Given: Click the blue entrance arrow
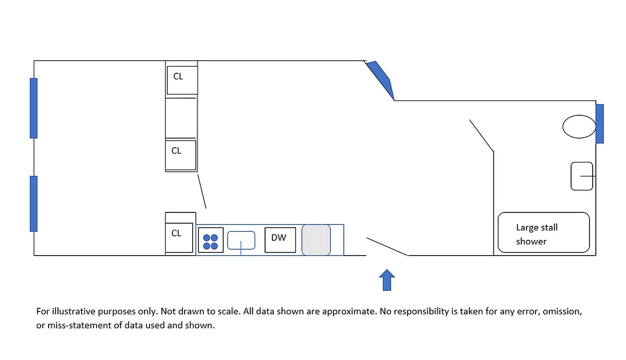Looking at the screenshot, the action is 387,280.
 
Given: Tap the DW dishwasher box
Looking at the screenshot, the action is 280,240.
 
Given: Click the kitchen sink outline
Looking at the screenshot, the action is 241,240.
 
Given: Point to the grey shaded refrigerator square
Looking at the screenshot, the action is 316,240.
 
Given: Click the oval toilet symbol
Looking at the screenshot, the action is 579,126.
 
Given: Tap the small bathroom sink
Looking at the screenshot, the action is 582,176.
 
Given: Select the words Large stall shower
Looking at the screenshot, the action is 536,234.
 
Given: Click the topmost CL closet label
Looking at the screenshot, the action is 178,76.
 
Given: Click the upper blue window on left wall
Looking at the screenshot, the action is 34,108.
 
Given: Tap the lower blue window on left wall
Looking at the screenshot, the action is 34,203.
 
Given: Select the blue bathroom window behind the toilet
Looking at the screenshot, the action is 599,124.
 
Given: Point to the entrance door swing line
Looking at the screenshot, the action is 387,246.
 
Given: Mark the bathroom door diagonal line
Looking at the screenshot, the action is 482,135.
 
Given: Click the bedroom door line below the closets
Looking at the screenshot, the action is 202,192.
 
